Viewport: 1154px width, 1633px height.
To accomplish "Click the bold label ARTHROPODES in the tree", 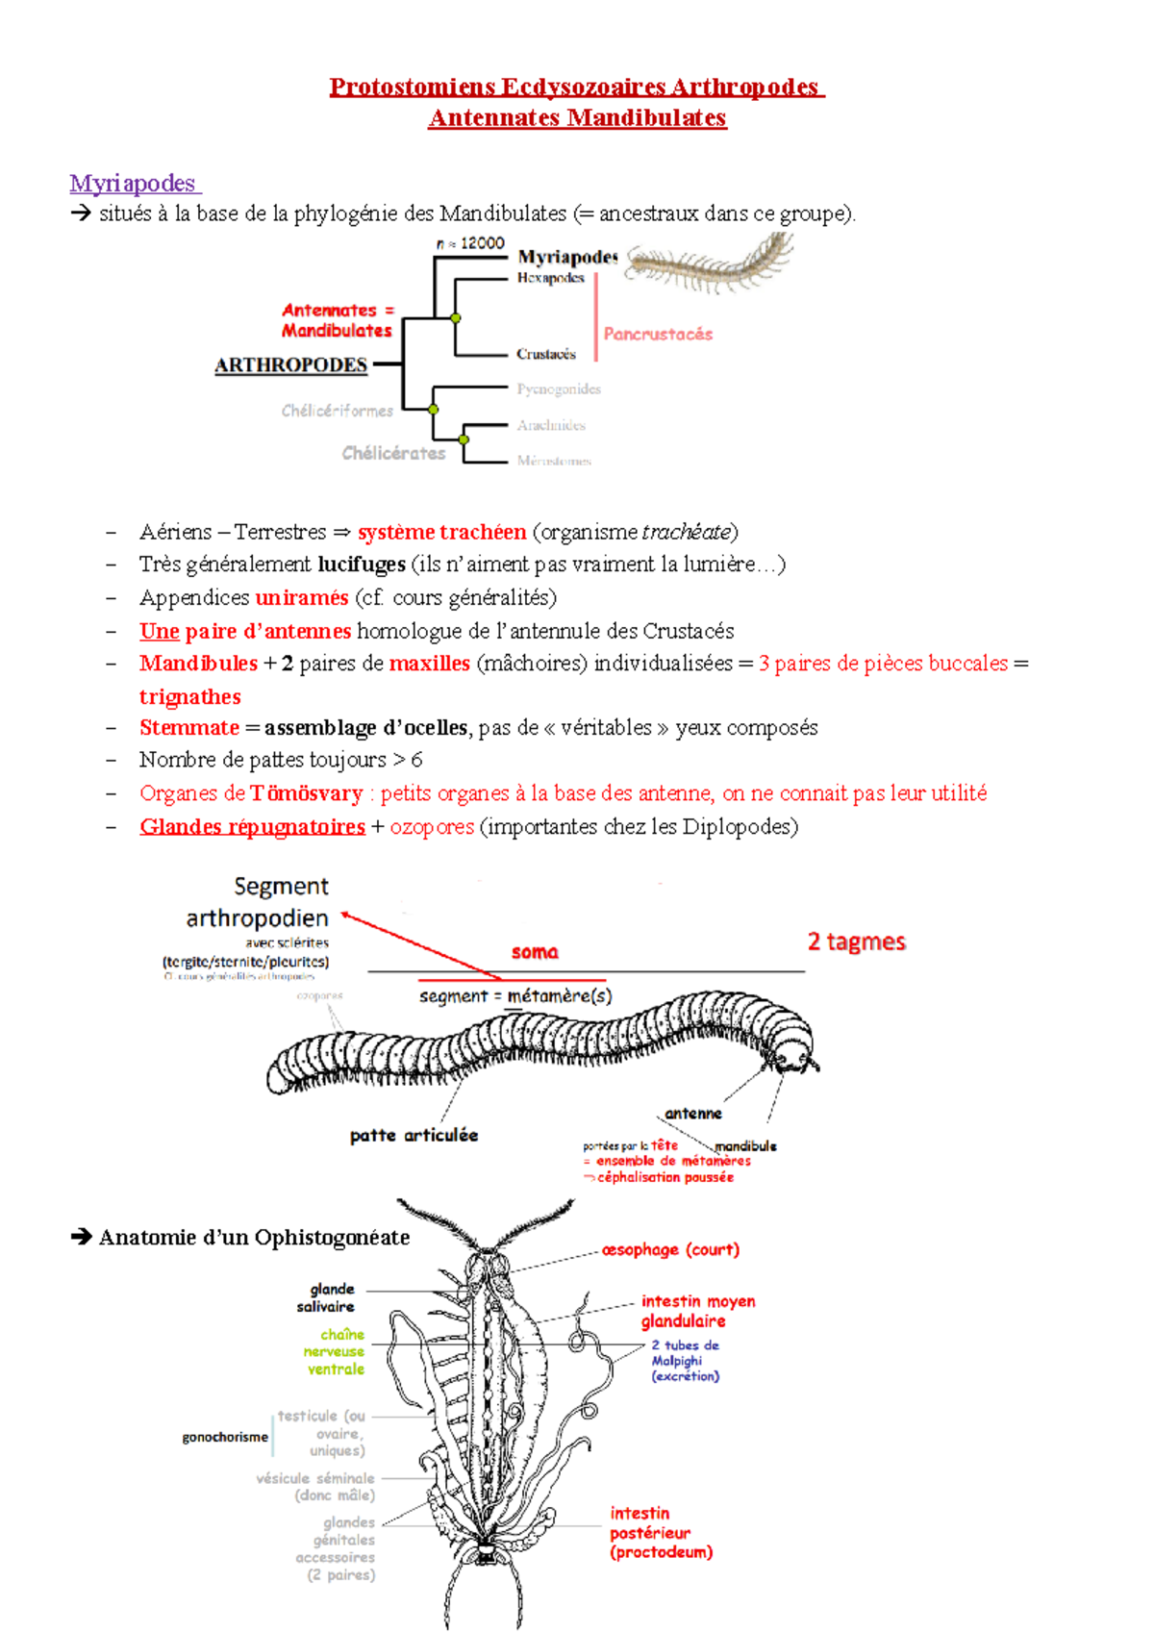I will [290, 365].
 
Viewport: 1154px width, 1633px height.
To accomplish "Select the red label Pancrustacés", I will [658, 334].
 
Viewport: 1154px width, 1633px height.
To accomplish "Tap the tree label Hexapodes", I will [550, 278].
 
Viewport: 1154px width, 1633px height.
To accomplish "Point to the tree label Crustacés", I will [545, 354].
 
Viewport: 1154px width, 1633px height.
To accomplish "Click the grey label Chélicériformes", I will [337, 411].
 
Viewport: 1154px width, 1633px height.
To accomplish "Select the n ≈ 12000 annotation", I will [470, 243].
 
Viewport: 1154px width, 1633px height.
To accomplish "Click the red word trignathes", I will [189, 696].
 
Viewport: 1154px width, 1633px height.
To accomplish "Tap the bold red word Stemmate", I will [188, 727].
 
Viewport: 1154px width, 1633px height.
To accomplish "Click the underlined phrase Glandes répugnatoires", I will [252, 826].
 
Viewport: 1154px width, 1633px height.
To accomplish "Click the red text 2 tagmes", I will [856, 942].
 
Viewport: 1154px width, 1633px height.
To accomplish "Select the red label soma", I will [535, 952].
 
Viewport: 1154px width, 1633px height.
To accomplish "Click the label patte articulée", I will [414, 1135].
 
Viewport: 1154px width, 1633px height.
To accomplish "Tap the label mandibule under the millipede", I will [745, 1146].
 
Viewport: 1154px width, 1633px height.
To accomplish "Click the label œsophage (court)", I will [670, 1249].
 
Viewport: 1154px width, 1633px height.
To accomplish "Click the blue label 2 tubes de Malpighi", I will [685, 1360].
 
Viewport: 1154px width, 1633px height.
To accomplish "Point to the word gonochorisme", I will [225, 1437].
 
